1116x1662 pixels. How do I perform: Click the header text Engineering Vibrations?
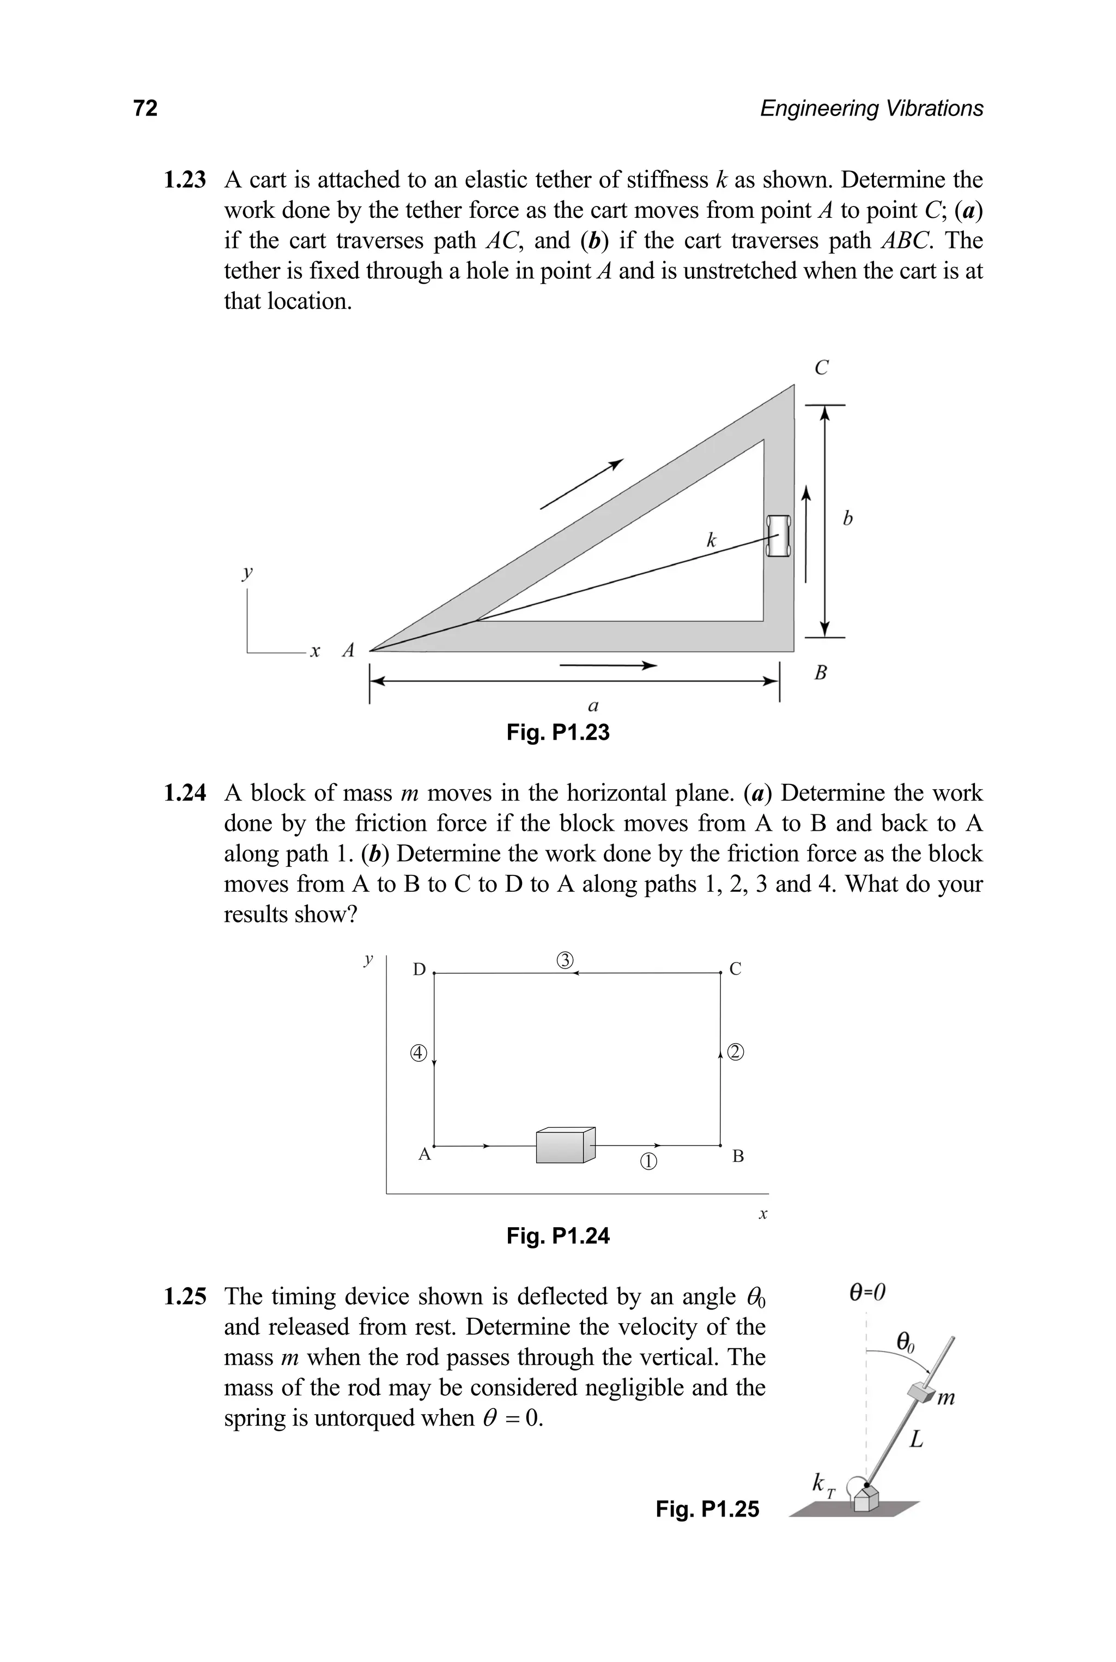click(x=871, y=108)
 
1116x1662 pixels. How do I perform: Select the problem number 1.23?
click(x=184, y=180)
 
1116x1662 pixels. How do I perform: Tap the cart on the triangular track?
click(x=779, y=535)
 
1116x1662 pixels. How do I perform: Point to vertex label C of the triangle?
click(x=821, y=368)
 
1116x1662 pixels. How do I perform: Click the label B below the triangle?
click(x=821, y=672)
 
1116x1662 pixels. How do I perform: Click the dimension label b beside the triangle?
click(x=847, y=519)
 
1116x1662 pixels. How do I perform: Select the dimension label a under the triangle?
click(x=593, y=706)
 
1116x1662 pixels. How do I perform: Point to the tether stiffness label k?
click(x=711, y=541)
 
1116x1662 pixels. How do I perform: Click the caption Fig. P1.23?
click(x=558, y=732)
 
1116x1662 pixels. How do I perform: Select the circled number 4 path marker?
click(x=418, y=1053)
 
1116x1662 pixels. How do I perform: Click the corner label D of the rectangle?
click(x=419, y=970)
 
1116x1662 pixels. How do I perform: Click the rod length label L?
click(x=917, y=1439)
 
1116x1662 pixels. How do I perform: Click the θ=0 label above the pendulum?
click(x=868, y=1292)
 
